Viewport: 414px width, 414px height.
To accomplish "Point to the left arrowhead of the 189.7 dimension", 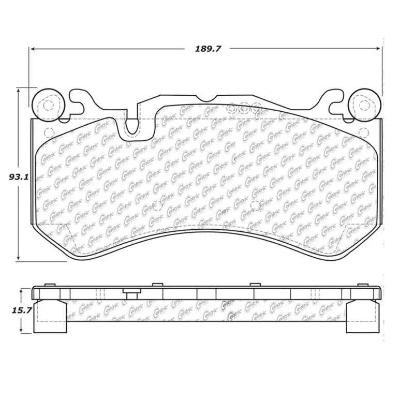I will click(x=32, y=49).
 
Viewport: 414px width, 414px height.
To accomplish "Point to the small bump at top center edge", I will click(x=206, y=99).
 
